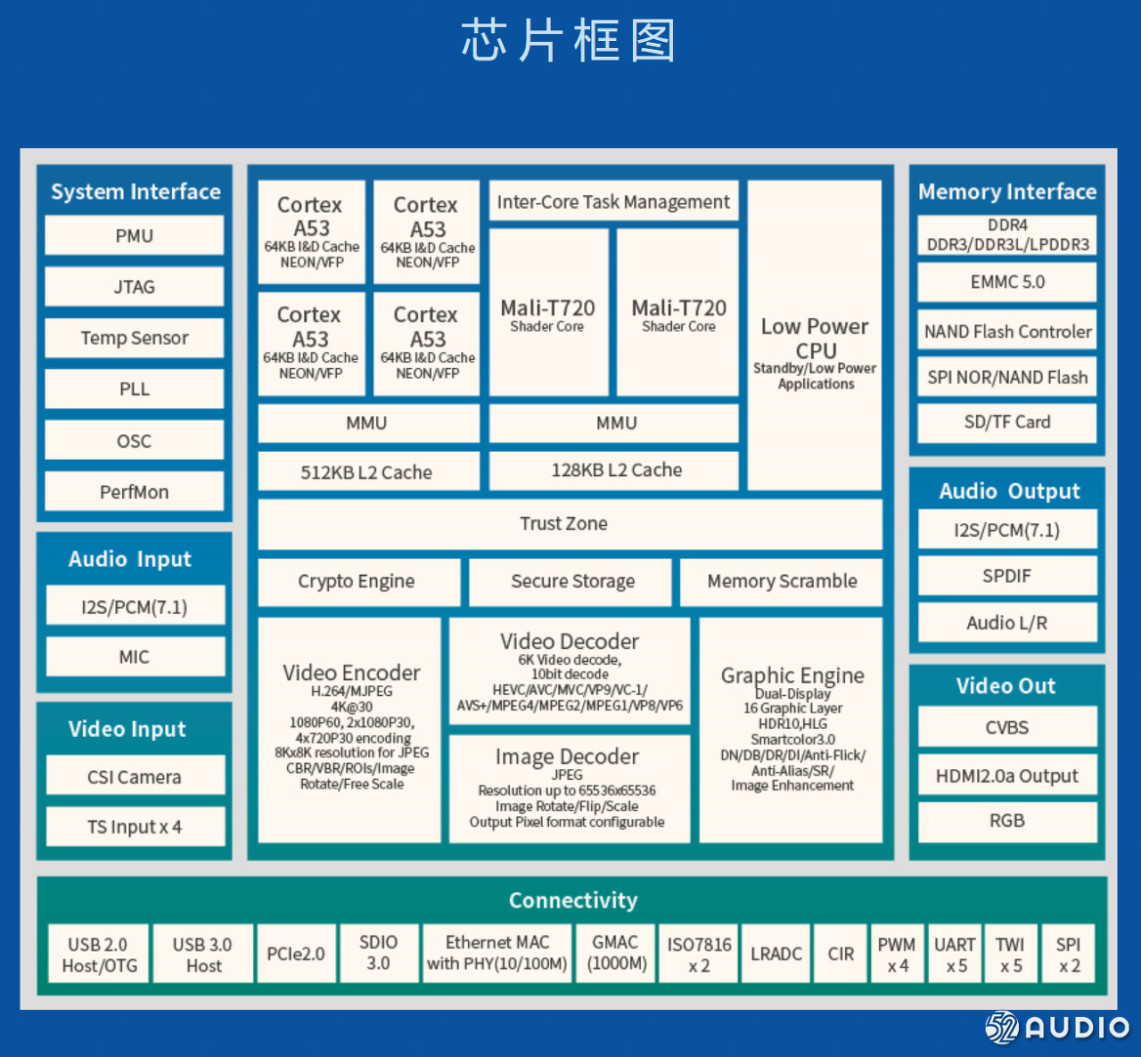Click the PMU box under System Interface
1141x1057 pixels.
(134, 236)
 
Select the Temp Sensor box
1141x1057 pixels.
(134, 339)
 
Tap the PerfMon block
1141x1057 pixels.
(134, 492)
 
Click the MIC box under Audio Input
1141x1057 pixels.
(135, 657)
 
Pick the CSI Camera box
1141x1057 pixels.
(135, 776)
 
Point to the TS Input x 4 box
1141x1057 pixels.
(135, 827)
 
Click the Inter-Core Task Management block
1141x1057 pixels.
(613, 202)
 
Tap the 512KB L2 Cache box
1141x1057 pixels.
(367, 471)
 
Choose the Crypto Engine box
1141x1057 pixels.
(357, 582)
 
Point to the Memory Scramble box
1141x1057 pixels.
(781, 582)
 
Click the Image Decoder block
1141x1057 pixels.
(569, 789)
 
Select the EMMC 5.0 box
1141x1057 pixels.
(1007, 283)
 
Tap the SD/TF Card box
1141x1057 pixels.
(1007, 422)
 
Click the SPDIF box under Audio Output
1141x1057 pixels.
(1007, 577)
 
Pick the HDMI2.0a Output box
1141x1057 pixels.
(1007, 776)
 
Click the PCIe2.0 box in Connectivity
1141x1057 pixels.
(296, 954)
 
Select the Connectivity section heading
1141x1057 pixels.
(573, 900)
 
